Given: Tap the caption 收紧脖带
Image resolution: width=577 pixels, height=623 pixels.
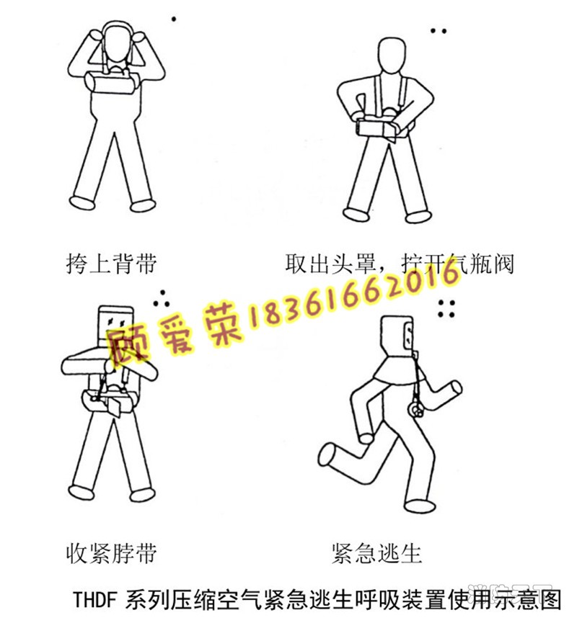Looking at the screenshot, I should coord(111,553).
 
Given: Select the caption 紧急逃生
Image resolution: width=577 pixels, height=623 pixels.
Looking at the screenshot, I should coord(376,553).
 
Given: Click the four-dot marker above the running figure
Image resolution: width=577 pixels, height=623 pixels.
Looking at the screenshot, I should coord(446,309).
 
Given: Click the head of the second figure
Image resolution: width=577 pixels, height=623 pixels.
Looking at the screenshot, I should coord(393,56).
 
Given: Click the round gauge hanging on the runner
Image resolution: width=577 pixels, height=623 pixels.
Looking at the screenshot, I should coord(415,410).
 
